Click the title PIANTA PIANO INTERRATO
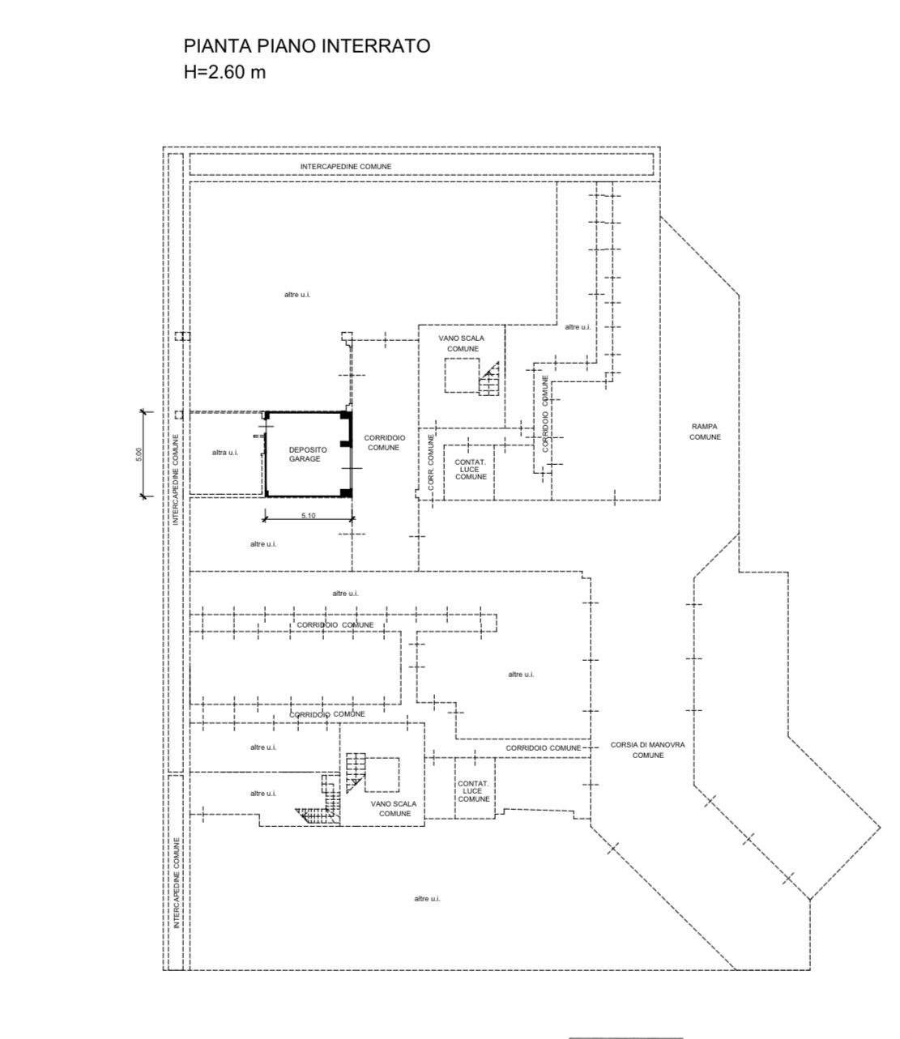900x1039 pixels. click(x=307, y=45)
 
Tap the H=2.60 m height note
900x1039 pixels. click(x=224, y=72)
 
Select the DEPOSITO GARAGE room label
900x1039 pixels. click(x=307, y=454)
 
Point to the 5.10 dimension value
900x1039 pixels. click(x=308, y=515)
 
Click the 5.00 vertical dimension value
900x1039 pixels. click(x=139, y=453)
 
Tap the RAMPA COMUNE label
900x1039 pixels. click(x=705, y=432)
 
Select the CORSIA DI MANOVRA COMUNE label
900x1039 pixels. click(x=647, y=750)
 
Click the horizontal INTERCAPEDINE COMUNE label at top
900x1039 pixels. click(x=346, y=166)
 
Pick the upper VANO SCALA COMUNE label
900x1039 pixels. click(x=462, y=343)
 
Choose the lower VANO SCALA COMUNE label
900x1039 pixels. click(x=394, y=809)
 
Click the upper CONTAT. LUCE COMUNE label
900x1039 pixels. click(x=471, y=469)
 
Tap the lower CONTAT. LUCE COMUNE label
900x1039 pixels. click(x=473, y=791)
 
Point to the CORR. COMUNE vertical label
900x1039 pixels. click(x=431, y=462)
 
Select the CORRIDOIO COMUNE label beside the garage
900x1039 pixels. click(x=384, y=443)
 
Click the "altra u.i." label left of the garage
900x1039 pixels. click(x=225, y=453)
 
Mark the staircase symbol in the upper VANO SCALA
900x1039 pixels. click(x=489, y=378)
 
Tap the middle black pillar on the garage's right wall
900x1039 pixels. click(x=345, y=444)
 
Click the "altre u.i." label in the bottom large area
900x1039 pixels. click(x=428, y=913)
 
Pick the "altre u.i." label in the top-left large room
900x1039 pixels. click(x=297, y=295)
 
